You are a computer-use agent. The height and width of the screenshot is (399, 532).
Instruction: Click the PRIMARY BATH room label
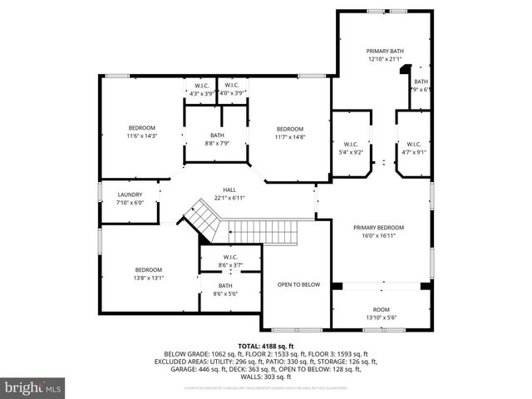[385, 50]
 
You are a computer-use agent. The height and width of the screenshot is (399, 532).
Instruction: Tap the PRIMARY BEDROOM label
[378, 228]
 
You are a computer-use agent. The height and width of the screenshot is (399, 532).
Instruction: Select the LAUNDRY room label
[130, 195]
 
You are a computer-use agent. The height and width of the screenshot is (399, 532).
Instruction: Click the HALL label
[229, 190]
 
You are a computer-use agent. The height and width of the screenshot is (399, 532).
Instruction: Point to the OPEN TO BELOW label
[298, 285]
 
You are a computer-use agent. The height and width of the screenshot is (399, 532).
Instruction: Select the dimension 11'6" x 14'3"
[141, 135]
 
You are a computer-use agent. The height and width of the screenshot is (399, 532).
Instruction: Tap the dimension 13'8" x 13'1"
[149, 278]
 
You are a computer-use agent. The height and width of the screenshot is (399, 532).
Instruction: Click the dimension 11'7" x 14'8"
[289, 136]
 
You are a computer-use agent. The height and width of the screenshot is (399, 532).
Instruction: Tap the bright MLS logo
[32, 387]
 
